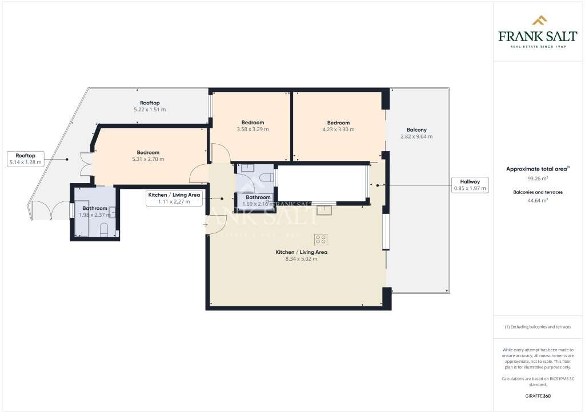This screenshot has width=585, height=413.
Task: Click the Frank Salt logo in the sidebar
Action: point(538,31)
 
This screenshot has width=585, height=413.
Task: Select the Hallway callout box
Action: point(470,185)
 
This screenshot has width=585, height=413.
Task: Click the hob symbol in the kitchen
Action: point(320,239)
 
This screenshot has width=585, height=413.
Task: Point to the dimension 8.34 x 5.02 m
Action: point(301,259)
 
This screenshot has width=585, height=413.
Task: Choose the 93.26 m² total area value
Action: point(538,178)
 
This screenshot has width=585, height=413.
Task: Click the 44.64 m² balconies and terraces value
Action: point(538,200)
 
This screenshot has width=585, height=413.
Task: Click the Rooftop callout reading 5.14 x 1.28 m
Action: point(26,159)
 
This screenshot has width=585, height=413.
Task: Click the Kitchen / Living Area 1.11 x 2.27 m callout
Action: point(174,198)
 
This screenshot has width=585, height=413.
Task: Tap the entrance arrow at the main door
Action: point(205,225)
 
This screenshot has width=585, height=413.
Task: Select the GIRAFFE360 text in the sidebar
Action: point(538,395)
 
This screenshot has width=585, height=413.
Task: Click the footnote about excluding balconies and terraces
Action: point(538,327)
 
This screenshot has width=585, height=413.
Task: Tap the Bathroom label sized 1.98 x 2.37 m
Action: point(94,212)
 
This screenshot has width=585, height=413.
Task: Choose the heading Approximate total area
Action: point(536,169)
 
